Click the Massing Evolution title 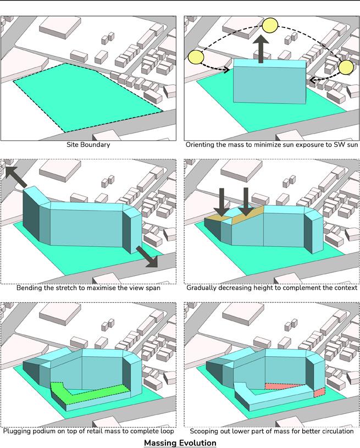point(180,443)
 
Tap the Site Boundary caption point(88,145)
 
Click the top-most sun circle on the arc point(270,25)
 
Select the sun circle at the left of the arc point(196,57)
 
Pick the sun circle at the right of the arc point(346,68)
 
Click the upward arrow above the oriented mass point(261,49)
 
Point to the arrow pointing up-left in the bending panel point(16,177)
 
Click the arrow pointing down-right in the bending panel point(147,257)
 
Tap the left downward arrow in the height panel point(221,202)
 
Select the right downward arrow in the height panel point(246,202)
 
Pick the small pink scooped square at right point(319,392)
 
